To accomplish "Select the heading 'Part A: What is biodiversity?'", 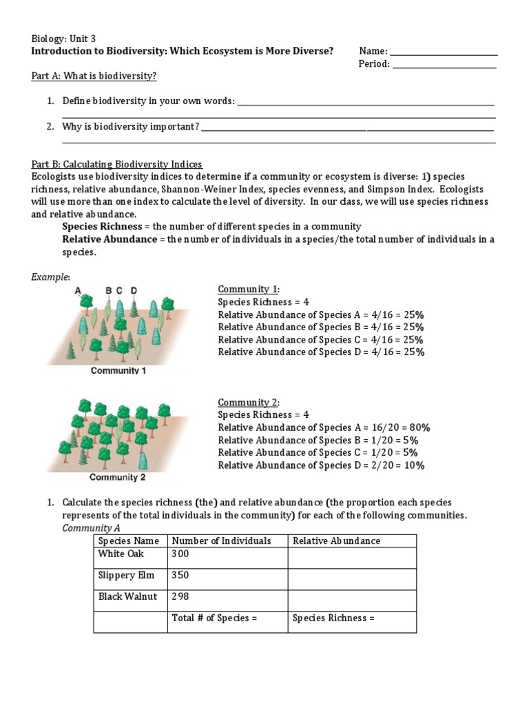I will point(99,76).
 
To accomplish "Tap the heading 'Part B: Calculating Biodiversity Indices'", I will point(117,164).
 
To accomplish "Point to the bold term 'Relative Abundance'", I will point(109,239).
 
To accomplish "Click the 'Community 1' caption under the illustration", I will point(118,370).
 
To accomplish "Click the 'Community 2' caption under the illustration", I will point(118,477).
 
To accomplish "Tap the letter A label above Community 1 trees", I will point(79,291).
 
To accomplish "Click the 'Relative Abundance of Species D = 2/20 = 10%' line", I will point(321,465).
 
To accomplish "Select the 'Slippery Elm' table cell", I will point(126,575).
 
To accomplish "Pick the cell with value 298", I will point(180,596).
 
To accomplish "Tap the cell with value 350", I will point(180,575).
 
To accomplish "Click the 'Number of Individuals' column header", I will point(221,541).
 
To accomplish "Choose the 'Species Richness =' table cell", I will point(333,618).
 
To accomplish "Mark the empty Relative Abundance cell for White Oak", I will point(352,558).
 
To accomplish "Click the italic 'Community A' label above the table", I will point(91,527).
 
